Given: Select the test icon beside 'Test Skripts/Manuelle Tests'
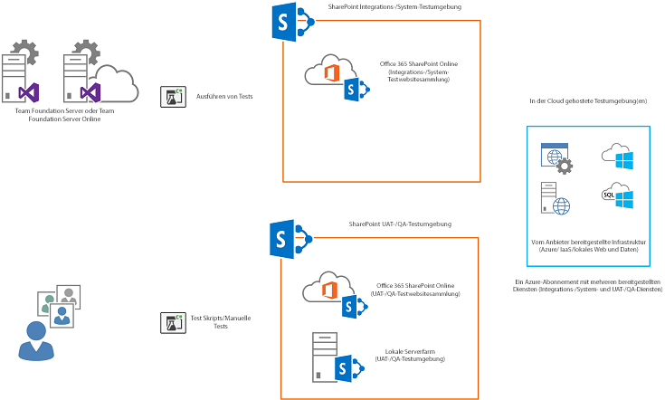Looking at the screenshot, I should click(x=172, y=322).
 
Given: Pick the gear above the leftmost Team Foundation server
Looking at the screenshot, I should click(x=28, y=51).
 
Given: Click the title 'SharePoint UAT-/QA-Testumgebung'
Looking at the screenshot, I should click(x=399, y=224).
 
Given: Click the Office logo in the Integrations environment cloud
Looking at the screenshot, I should click(x=332, y=71).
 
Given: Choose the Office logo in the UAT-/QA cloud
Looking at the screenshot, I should click(x=331, y=290).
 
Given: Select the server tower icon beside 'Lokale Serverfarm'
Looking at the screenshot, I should click(x=321, y=356).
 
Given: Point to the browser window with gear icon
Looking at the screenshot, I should click(x=554, y=158).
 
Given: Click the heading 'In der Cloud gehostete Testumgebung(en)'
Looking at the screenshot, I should click(x=588, y=101).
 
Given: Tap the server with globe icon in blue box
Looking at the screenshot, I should click(x=553, y=199).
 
